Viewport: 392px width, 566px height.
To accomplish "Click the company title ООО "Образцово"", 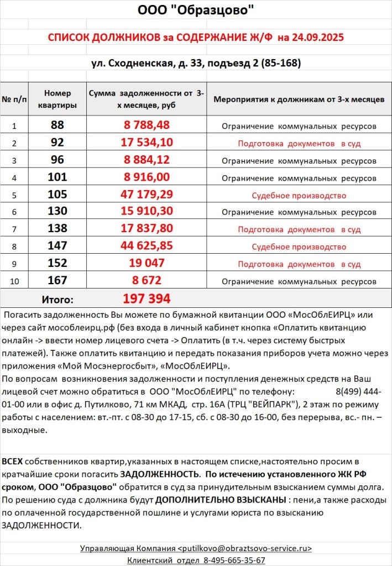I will coord(196,10).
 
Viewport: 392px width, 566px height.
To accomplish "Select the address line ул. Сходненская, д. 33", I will coord(147,63).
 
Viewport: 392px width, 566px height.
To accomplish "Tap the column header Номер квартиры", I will coord(58,99).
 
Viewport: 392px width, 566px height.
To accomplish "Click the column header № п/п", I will coord(14,99).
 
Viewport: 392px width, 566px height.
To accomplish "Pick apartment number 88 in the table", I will coord(58,125).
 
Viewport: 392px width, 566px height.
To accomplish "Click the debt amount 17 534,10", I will coord(147,143).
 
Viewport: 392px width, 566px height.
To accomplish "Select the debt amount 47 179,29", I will coord(147,195).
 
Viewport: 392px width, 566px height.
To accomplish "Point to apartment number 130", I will coord(58,212).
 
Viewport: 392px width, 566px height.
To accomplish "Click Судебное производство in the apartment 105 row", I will coord(299,195).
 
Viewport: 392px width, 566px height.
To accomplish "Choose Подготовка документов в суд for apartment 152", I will coord(299,264).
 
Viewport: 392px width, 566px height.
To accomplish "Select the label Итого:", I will coord(58,300).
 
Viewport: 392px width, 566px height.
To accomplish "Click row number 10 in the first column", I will coord(14,281).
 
